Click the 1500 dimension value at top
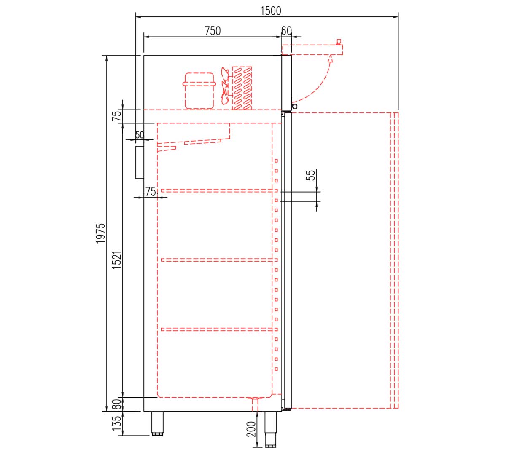point(271,11)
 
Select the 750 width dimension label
point(213,31)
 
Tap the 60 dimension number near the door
point(286,31)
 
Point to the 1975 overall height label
point(100,233)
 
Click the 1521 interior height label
point(116,260)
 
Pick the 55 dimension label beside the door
point(310,175)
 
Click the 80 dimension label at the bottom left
point(116,404)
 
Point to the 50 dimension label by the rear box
point(140,135)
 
